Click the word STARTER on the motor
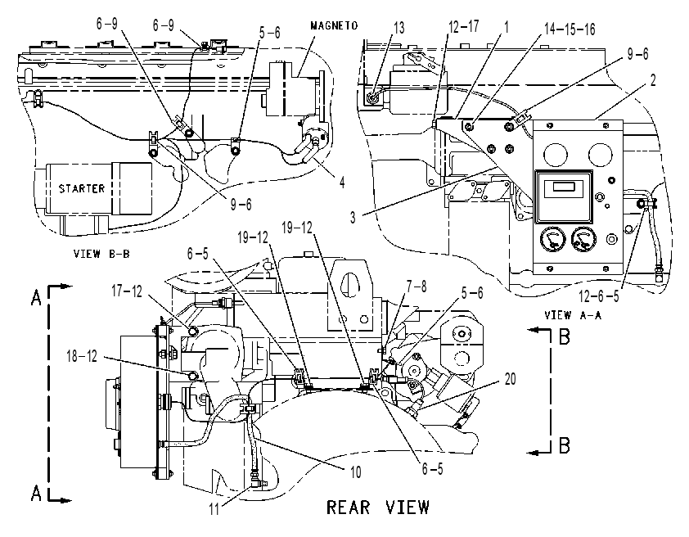coord(82,188)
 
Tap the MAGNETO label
coord(334,26)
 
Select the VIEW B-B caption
coord(101,254)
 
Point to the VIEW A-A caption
coord(573,315)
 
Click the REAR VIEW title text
coord(378,507)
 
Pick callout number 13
coord(399,28)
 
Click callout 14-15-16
coord(570,29)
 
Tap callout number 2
coord(653,80)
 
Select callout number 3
coord(353,217)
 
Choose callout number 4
coord(342,182)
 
